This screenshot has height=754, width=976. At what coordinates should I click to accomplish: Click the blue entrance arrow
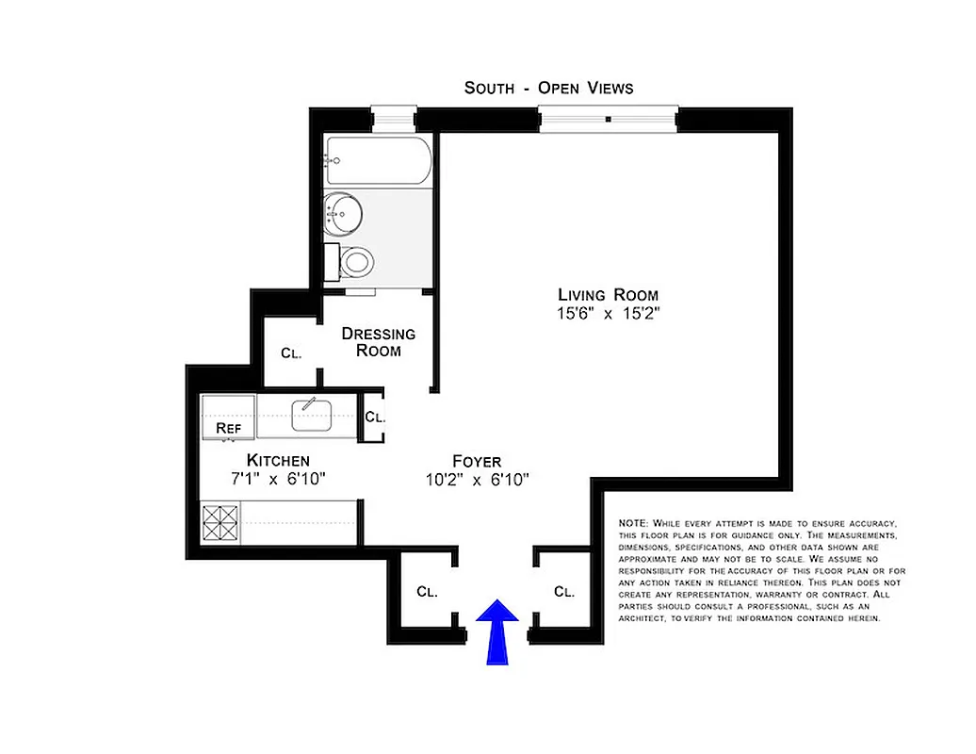(x=496, y=634)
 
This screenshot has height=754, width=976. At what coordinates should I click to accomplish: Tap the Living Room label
(x=608, y=295)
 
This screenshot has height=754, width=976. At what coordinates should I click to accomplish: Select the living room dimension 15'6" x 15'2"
(x=608, y=314)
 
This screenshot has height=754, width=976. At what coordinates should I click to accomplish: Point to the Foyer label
(x=477, y=462)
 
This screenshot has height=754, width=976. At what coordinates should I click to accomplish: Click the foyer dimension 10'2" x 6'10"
(x=477, y=481)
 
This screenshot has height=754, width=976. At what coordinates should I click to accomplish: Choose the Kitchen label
(x=278, y=460)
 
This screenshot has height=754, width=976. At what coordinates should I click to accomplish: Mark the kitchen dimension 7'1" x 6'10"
(x=278, y=479)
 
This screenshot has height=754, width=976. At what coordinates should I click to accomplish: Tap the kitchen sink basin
(x=309, y=415)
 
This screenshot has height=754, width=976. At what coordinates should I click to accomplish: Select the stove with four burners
(x=221, y=523)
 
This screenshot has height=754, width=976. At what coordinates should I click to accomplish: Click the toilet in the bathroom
(x=355, y=261)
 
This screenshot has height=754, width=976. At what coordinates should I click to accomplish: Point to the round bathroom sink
(x=341, y=212)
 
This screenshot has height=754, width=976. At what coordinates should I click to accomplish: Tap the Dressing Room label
(x=378, y=342)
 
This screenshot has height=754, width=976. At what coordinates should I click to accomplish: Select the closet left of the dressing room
(x=290, y=353)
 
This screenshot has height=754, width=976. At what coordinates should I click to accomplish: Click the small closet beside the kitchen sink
(x=373, y=417)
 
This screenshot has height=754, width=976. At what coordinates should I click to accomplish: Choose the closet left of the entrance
(x=427, y=592)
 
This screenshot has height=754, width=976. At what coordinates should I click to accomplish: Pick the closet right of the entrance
(x=563, y=592)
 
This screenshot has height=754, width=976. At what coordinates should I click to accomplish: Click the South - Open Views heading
(x=548, y=88)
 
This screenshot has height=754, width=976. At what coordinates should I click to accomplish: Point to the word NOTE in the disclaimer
(x=631, y=523)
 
